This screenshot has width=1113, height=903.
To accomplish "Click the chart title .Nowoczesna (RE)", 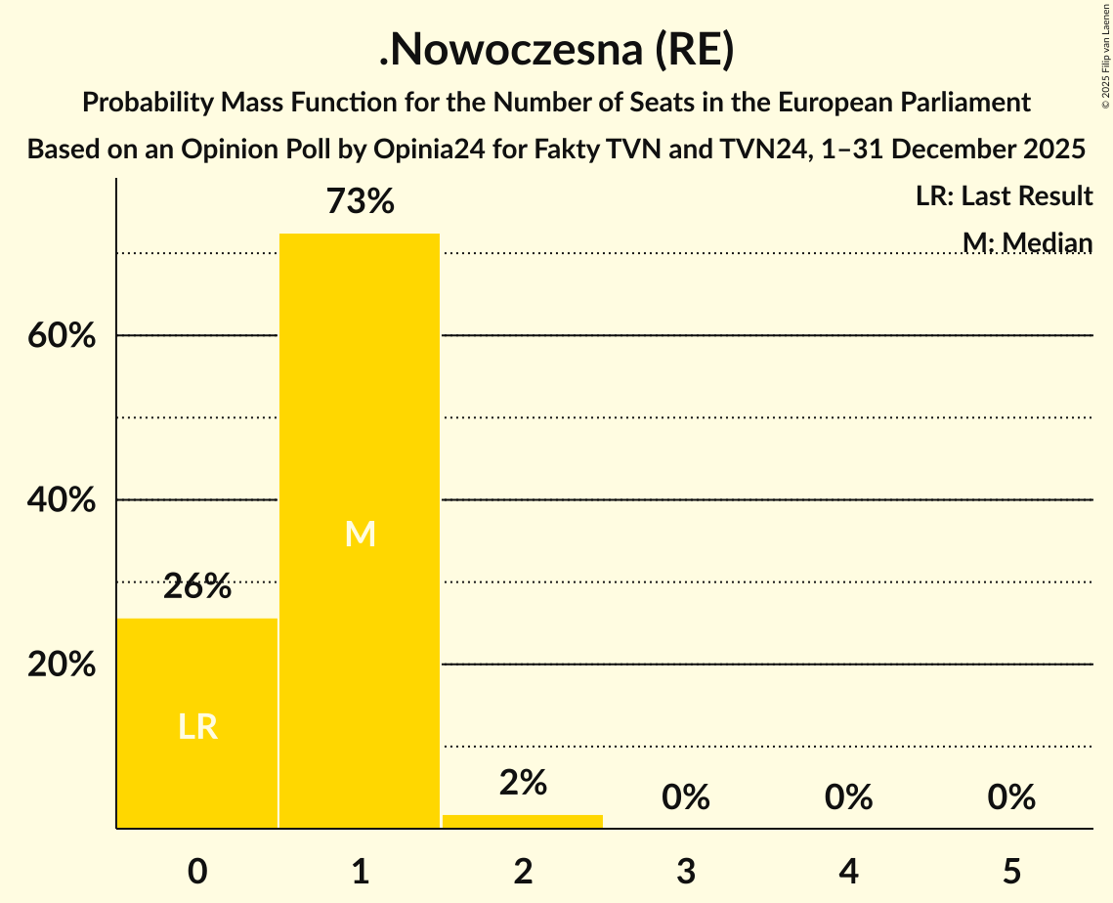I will coord(556,51).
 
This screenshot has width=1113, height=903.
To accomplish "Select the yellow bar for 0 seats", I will coord(197,723).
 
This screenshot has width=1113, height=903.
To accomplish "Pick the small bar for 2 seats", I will coord(523,821).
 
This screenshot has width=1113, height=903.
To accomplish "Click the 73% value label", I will coord(360,202).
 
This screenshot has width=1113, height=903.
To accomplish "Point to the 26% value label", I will coord(197,587).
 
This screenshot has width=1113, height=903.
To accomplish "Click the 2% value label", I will coord(523,783).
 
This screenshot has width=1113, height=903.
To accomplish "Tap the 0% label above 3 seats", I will coord(685,797).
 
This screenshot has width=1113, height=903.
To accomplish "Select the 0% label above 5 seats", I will coord(1010,797).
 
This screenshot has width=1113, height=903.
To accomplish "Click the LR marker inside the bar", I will coord(197,726).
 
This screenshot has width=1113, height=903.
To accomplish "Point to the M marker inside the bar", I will coord(360,534).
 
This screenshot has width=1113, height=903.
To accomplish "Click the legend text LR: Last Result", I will coord(1004,196).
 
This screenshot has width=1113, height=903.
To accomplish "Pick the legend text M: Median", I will coord(1027,242).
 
